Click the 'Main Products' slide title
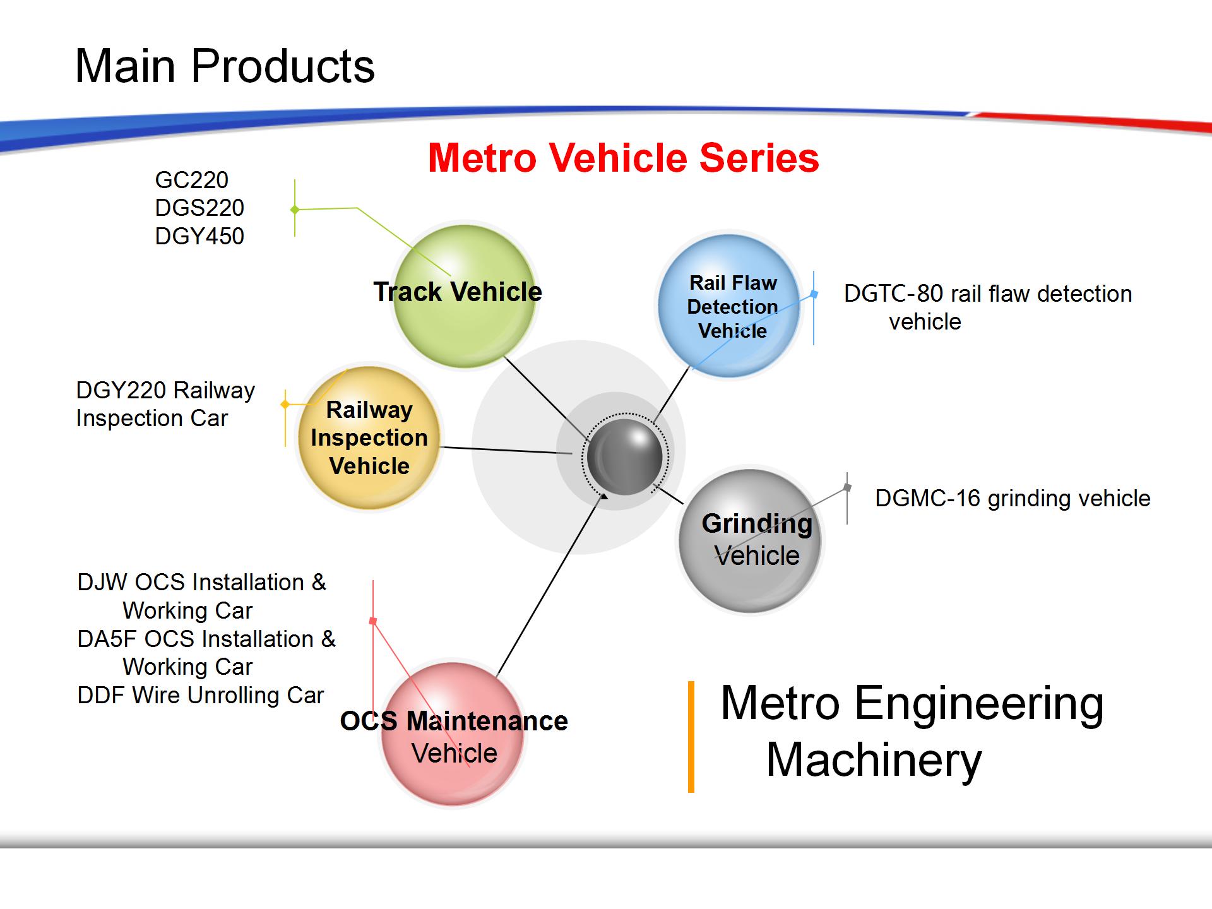click(225, 66)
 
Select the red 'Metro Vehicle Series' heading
click(624, 157)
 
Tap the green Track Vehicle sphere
click(465, 296)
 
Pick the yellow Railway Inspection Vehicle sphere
click(369, 437)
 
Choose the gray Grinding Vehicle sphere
click(751, 540)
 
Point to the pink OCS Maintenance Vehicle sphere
click(453, 734)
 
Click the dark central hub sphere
click(624, 456)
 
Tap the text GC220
click(192, 180)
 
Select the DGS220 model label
click(199, 208)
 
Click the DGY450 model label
click(199, 236)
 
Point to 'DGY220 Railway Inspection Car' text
click(165, 404)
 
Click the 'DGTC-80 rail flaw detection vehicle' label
click(988, 307)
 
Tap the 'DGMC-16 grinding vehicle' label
click(1013, 498)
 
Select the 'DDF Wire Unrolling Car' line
click(201, 695)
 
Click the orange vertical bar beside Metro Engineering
click(691, 737)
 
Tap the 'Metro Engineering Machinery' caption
click(912, 732)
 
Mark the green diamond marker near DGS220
click(295, 210)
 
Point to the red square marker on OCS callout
click(373, 621)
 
